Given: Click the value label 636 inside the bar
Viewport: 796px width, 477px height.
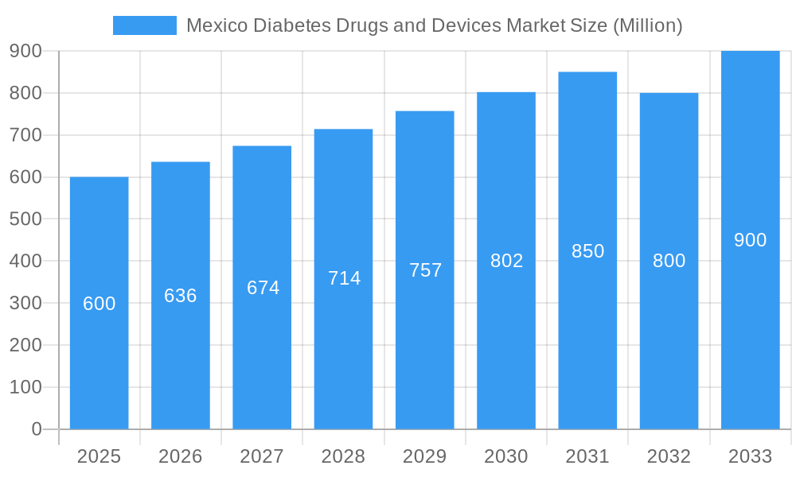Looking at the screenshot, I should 181,296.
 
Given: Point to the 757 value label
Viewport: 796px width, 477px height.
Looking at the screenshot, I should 425,270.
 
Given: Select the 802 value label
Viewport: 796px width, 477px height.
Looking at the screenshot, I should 506,261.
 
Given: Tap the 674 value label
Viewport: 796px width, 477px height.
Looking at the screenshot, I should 263,288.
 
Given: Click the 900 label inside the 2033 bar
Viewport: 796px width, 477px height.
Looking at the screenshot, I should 750,240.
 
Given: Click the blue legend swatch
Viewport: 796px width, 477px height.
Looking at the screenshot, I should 144,25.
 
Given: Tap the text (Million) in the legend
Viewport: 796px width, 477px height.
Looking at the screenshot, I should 647,25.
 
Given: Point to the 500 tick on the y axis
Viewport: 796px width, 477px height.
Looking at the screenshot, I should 25,219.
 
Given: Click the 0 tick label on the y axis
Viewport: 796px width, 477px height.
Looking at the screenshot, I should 37,429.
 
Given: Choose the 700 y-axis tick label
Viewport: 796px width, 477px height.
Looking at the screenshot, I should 25,135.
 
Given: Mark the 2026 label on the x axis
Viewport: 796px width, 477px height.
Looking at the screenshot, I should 181,456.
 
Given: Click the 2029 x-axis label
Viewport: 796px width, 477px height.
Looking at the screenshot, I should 425,456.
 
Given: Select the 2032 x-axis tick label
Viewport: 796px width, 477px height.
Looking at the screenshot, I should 669,456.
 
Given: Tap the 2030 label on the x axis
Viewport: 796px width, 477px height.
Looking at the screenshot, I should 506,456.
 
